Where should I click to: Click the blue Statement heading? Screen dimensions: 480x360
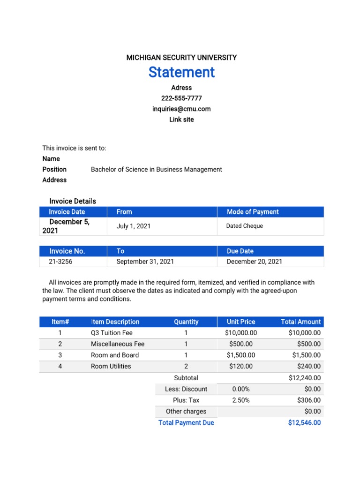[181, 72]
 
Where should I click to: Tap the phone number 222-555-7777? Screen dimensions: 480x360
[181, 98]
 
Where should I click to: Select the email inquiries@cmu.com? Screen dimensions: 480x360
[181, 109]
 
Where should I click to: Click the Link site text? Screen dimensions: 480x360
[181, 120]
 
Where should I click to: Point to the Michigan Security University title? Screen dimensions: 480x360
[181, 58]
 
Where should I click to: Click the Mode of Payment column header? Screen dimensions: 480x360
[253, 212]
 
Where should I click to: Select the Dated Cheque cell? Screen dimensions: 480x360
[245, 226]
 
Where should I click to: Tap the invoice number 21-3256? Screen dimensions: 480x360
[60, 262]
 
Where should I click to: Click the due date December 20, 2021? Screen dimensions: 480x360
[255, 262]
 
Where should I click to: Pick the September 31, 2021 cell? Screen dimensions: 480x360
[145, 262]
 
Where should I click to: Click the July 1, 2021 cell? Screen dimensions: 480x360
[134, 226]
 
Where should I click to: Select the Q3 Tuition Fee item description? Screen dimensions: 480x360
[112, 333]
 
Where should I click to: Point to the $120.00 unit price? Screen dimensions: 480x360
[241, 367]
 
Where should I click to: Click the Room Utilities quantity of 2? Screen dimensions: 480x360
[186, 367]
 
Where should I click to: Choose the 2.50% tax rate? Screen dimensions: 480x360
[241, 400]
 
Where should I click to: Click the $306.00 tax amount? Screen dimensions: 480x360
[309, 400]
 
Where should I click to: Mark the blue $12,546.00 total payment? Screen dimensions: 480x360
[304, 423]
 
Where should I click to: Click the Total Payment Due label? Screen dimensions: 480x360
[186, 423]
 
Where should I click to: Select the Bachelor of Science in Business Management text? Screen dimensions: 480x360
[157, 170]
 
